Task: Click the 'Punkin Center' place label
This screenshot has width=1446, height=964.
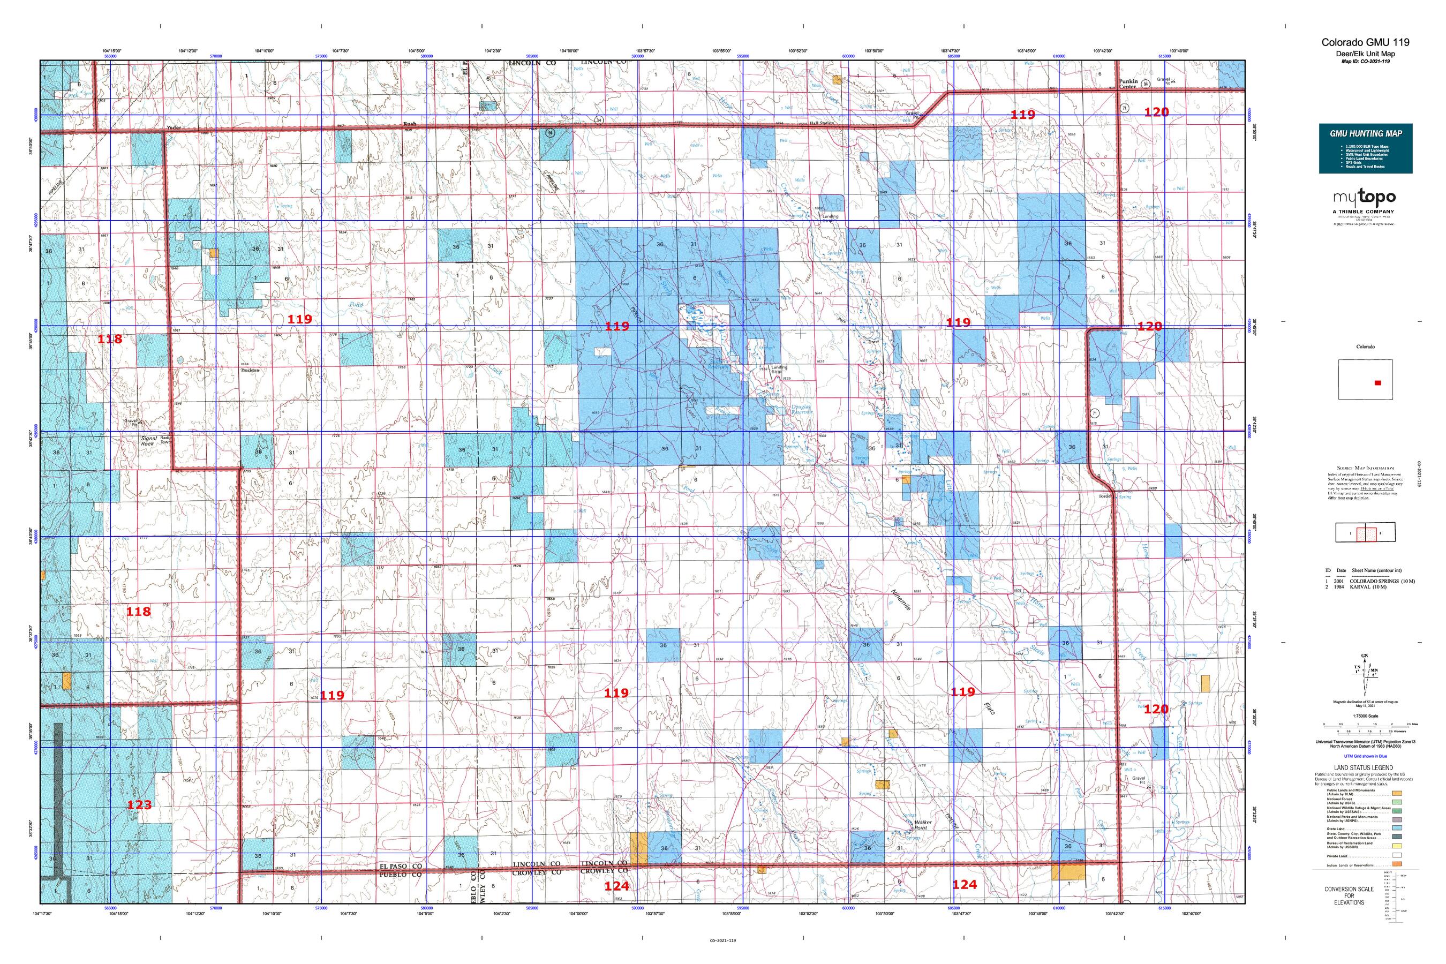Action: (1126, 84)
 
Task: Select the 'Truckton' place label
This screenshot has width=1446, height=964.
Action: (250, 370)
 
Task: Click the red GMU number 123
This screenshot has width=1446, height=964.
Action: (139, 804)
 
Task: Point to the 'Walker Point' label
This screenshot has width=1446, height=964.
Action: (923, 825)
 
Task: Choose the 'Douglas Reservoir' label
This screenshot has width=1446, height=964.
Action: (801, 409)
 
